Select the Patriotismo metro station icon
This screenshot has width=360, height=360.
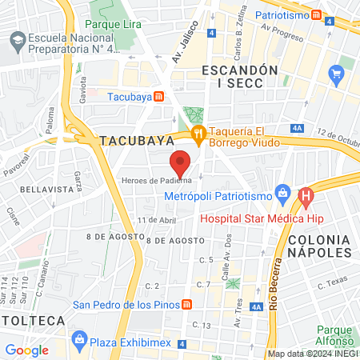(x=318, y=14)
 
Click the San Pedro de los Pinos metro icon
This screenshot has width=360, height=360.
(x=186, y=304)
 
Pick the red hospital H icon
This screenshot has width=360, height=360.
(x=305, y=194)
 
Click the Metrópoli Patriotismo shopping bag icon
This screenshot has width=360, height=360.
(x=281, y=193)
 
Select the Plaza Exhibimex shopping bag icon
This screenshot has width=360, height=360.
(x=78, y=339)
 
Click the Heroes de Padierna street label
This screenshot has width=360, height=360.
(x=157, y=179)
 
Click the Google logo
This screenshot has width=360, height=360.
(x=26, y=350)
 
